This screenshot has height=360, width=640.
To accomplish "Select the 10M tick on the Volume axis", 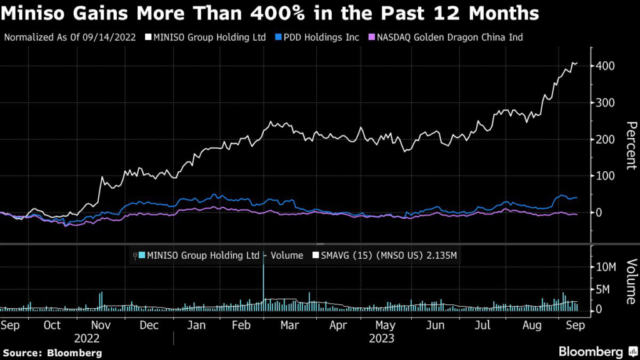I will (x=608, y=267).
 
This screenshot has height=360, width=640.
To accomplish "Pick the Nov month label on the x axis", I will (x=101, y=325).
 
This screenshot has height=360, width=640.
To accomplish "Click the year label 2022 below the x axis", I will (x=86, y=338).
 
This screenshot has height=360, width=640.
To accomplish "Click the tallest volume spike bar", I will (x=264, y=275).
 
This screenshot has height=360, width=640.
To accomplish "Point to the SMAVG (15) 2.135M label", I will (x=385, y=255).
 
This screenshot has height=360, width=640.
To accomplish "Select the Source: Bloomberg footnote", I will (x=52, y=352).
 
